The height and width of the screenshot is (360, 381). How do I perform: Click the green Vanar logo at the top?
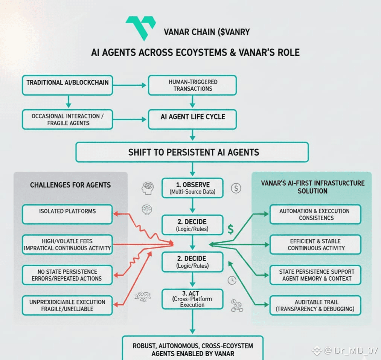tap(140, 27)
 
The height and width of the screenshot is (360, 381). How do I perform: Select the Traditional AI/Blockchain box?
tap(68, 85)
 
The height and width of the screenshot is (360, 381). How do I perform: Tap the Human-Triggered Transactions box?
tap(192, 85)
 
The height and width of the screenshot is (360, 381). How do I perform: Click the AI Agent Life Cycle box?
tap(192, 119)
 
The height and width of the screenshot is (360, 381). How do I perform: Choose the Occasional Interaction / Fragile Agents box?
tap(68, 119)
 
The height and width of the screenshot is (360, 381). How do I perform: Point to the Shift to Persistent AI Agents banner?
tap(192, 152)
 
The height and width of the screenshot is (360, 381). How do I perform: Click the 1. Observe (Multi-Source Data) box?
tap(192, 188)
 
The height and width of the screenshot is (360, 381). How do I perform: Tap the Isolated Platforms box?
tap(67, 214)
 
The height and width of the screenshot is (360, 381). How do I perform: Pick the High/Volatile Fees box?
tap(67, 244)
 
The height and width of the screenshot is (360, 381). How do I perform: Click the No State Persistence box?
tap(67, 275)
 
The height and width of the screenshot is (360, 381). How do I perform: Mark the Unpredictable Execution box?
tap(67, 305)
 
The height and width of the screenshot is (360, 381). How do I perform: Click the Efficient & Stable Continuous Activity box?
tap(315, 244)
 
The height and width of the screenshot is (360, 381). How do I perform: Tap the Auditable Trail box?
tap(315, 305)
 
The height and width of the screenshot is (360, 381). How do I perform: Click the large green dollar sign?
tap(230, 229)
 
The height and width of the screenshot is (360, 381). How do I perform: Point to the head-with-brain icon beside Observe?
tap(147, 188)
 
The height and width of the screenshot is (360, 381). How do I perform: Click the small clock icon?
tap(232, 280)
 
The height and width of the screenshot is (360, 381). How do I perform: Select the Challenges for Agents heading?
tap(70, 185)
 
